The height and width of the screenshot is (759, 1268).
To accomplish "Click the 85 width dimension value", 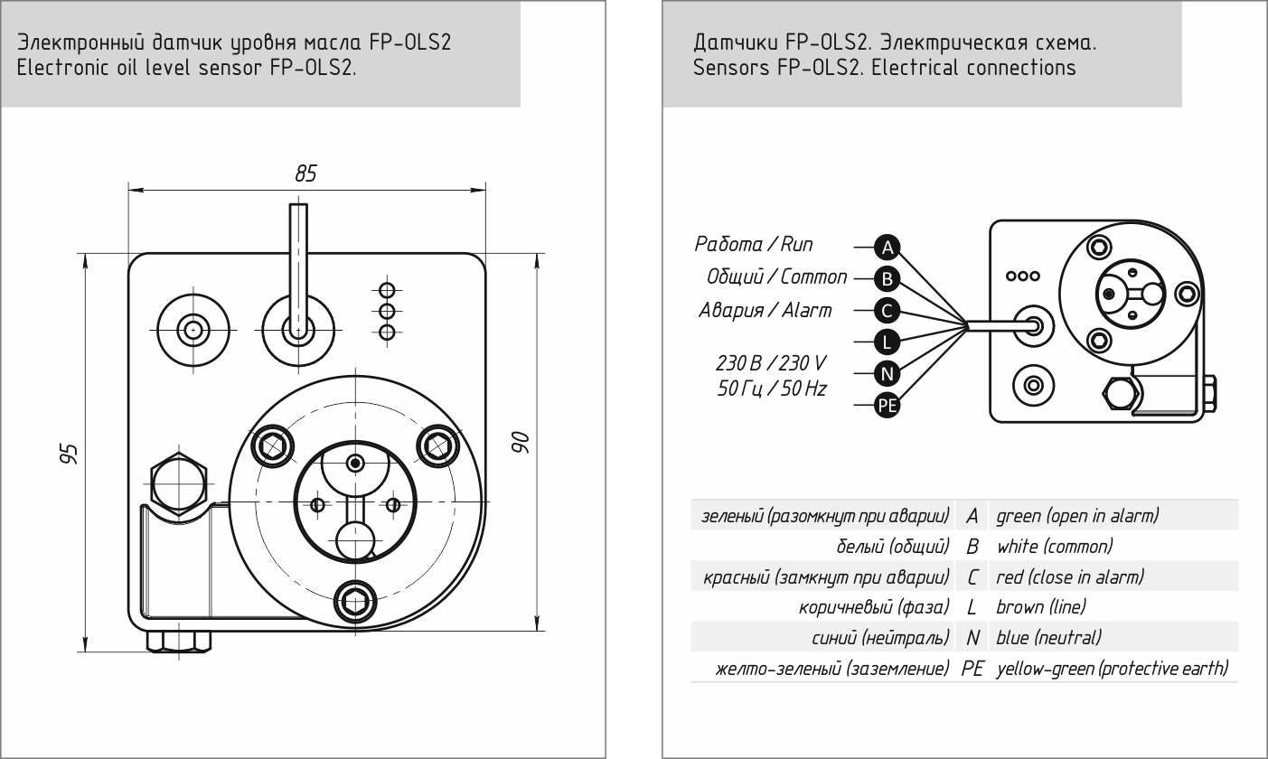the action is point(305,173).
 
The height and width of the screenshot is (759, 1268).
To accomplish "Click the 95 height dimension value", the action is point(69,454).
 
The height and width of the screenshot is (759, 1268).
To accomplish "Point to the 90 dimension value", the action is point(521,442).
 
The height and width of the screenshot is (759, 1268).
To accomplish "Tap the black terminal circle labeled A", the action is point(887,248).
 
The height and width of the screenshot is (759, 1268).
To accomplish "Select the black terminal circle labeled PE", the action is point(887,406).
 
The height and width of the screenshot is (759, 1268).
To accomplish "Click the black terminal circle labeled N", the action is point(887,373).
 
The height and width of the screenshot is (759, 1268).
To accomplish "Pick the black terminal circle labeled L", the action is point(887,342).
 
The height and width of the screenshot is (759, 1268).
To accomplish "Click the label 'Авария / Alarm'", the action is point(765,310).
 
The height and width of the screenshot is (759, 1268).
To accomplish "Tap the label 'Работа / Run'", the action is point(754,244).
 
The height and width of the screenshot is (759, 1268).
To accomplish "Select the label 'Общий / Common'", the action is point(776,276).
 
